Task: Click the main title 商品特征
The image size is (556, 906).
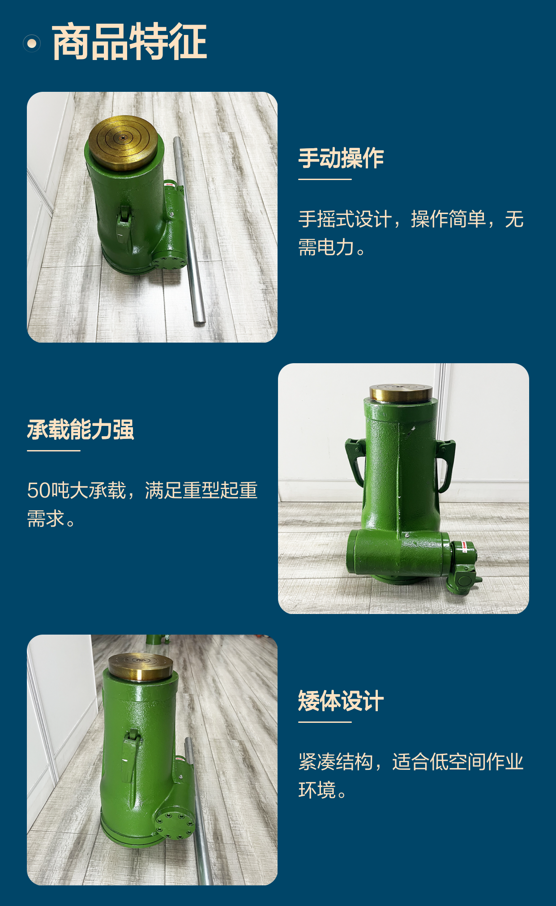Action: (x=129, y=42)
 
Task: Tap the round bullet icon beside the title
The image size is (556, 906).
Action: (x=32, y=43)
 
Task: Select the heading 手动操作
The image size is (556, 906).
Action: (x=341, y=158)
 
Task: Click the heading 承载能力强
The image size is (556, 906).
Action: (x=81, y=429)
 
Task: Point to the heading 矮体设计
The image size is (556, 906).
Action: (x=341, y=701)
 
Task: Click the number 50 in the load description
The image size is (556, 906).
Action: (x=39, y=490)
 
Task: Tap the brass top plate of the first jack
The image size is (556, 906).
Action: (x=123, y=143)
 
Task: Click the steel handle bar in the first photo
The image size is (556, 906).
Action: (x=189, y=230)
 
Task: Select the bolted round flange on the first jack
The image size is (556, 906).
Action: (x=169, y=261)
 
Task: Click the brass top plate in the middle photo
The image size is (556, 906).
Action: (x=401, y=393)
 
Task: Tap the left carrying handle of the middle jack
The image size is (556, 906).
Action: (x=355, y=461)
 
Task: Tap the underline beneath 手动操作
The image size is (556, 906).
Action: (x=325, y=179)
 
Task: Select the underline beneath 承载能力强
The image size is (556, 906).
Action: (x=54, y=451)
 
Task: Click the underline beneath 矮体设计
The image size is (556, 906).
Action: (x=325, y=722)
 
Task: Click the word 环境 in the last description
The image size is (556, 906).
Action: (x=317, y=790)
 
